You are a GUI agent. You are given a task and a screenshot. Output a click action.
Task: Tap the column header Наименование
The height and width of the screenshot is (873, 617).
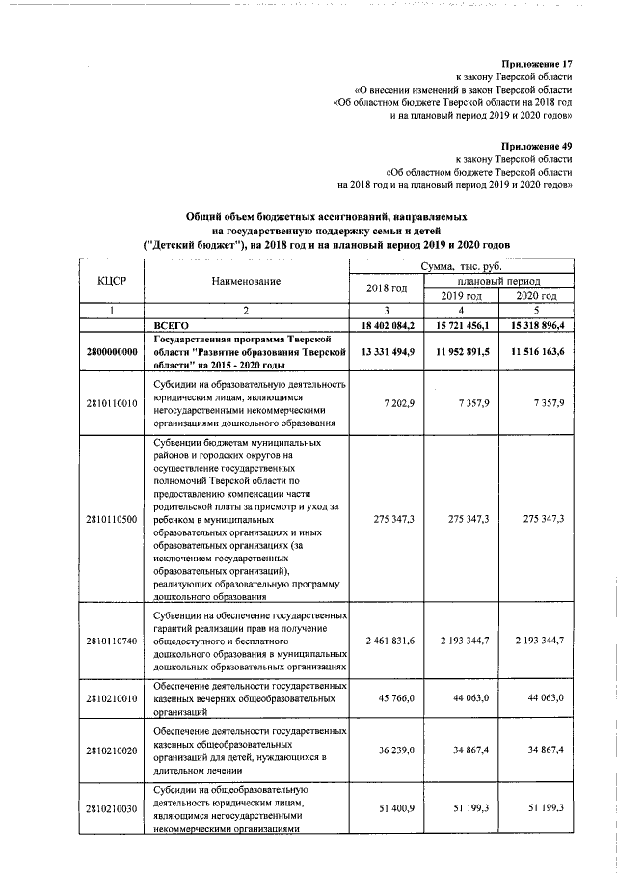pyautogui.click(x=246, y=281)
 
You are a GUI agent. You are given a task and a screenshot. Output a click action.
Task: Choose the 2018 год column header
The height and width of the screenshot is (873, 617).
pyautogui.click(x=386, y=288)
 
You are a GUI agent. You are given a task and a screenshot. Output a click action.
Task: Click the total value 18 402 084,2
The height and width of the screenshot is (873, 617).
pyautogui.click(x=386, y=326)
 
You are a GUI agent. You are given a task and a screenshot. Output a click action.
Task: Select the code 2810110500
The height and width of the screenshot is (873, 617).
pyautogui.click(x=112, y=519)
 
